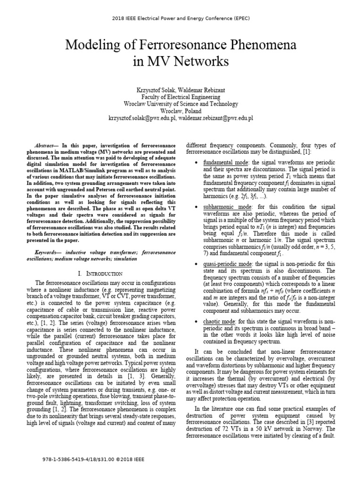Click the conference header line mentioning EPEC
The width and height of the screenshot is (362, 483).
(x=181, y=18)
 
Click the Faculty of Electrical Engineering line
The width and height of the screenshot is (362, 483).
(x=181, y=97)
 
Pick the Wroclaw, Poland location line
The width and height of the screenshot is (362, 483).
(x=181, y=111)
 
